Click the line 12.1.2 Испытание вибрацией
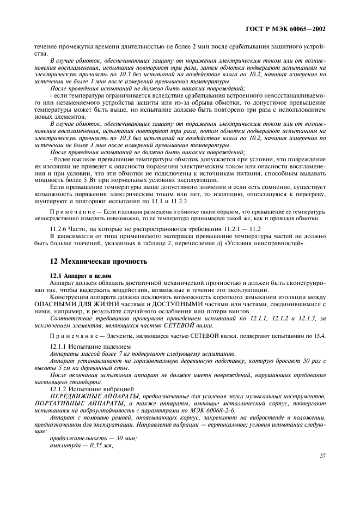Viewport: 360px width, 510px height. tap(90, 388)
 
